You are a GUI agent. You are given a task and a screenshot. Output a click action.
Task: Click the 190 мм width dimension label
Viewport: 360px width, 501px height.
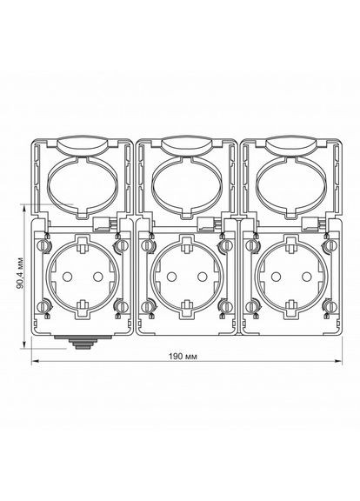[x=183, y=356]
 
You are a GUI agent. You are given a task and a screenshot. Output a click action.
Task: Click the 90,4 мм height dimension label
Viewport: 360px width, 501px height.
[x=21, y=273]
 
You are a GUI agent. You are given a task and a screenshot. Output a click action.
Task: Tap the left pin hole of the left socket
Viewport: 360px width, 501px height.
[x=67, y=276]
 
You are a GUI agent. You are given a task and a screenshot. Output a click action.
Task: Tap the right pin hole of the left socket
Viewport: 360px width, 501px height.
[x=97, y=276]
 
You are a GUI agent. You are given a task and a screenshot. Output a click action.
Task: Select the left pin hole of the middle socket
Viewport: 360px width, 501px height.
[x=171, y=276]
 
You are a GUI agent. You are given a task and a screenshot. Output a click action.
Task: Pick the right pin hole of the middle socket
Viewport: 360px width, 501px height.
[x=202, y=276]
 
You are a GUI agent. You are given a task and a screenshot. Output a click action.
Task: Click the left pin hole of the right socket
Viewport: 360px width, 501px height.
[x=276, y=276]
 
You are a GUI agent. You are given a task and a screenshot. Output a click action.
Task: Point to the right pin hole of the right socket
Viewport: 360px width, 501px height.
[x=306, y=276]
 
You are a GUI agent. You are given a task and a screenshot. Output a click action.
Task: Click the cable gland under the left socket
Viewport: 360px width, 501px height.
[x=82, y=342]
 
